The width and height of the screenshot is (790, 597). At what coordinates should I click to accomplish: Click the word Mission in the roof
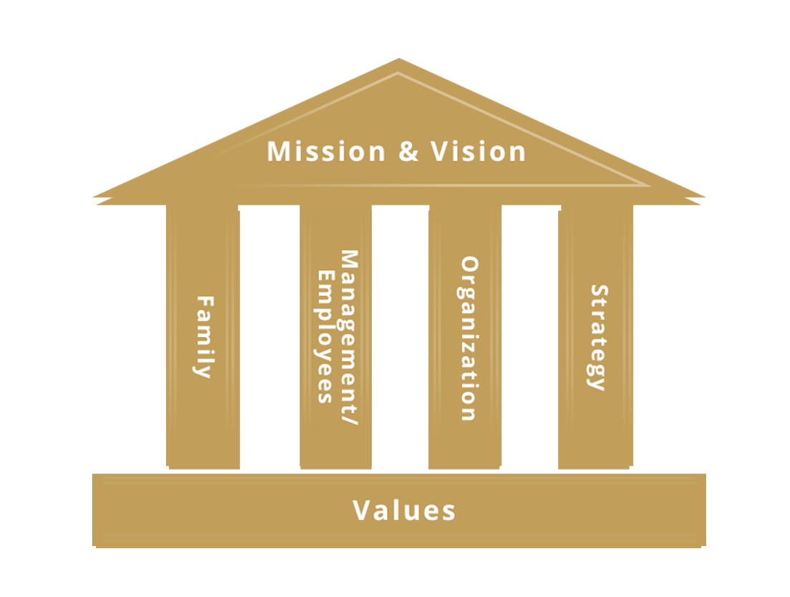pyautogui.click(x=326, y=151)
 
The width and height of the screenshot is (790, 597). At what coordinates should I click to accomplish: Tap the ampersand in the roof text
pyautogui.click(x=409, y=152)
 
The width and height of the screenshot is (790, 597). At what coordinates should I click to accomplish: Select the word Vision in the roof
pyautogui.click(x=478, y=151)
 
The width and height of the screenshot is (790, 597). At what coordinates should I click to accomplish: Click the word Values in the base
pyautogui.click(x=404, y=510)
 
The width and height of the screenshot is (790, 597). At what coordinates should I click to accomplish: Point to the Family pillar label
pyautogui.click(x=205, y=336)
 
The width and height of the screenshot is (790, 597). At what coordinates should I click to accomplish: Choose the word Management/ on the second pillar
pyautogui.click(x=349, y=338)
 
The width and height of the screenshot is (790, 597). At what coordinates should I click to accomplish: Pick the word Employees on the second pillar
pyautogui.click(x=326, y=337)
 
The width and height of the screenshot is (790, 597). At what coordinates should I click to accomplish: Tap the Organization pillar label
pyautogui.click(x=469, y=339)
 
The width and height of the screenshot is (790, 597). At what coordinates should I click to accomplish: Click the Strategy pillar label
pyautogui.click(x=598, y=338)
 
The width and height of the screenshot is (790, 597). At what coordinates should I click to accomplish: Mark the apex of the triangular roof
pyautogui.click(x=399, y=59)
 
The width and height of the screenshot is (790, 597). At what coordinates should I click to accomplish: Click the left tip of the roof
pyautogui.click(x=94, y=197)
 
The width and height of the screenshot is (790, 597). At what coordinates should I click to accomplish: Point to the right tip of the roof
pyautogui.click(x=704, y=197)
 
